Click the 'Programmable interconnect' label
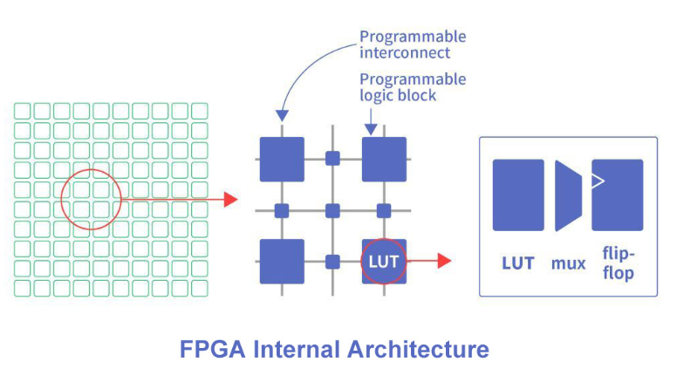(x=413, y=44)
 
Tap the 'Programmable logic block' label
(x=413, y=87)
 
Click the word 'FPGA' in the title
(x=212, y=349)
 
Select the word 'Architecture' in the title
(x=418, y=349)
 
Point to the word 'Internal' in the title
(x=297, y=349)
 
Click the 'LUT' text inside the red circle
(x=383, y=262)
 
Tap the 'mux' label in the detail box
(x=568, y=263)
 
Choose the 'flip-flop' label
(x=619, y=263)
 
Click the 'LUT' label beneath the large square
(x=518, y=263)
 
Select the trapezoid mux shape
(x=568, y=195)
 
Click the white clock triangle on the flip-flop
(x=597, y=181)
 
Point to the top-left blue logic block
(x=282, y=160)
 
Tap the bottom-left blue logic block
(x=282, y=261)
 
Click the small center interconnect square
(x=332, y=211)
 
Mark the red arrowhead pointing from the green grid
(x=231, y=200)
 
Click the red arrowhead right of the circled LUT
(x=444, y=261)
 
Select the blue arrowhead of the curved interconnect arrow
(x=282, y=115)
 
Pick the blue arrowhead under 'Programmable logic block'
(x=371, y=129)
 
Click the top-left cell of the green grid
(x=23, y=111)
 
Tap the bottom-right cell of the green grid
(x=200, y=288)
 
